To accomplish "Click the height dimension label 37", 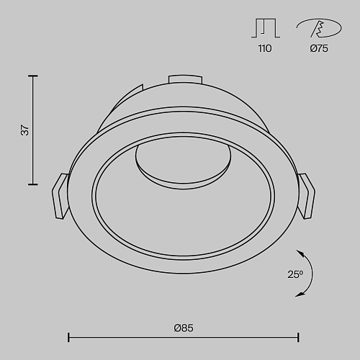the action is (x=24, y=130).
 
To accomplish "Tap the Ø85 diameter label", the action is (x=184, y=328).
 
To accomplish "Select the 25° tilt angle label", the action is (x=295, y=274).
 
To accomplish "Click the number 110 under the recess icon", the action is (x=265, y=48).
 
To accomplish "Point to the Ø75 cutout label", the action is (x=319, y=48).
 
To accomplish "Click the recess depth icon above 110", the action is (x=266, y=28).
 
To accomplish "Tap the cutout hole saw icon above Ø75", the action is (x=319, y=28).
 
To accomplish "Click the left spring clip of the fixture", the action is (x=60, y=197).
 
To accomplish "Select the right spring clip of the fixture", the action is (x=307, y=196).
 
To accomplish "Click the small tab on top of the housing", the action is (x=185, y=79).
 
